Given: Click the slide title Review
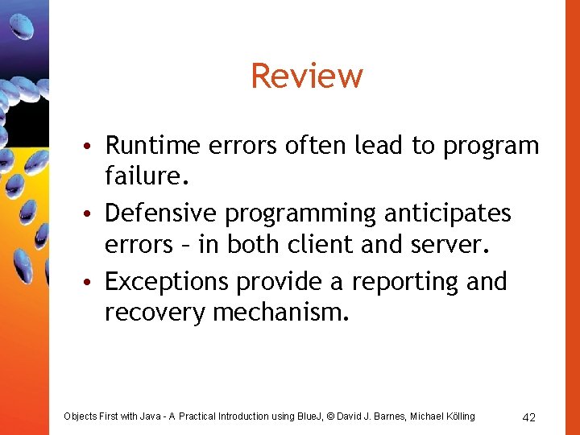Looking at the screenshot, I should pos(307,77).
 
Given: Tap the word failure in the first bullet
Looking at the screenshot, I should pos(142,176).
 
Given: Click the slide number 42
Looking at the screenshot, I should pos(529,416).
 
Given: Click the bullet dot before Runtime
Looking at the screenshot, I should pos(95,147).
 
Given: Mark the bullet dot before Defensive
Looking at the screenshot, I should pos(95,215).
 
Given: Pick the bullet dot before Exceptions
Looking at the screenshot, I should pos(95,284).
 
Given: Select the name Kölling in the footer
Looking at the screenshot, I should pos(458,416).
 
